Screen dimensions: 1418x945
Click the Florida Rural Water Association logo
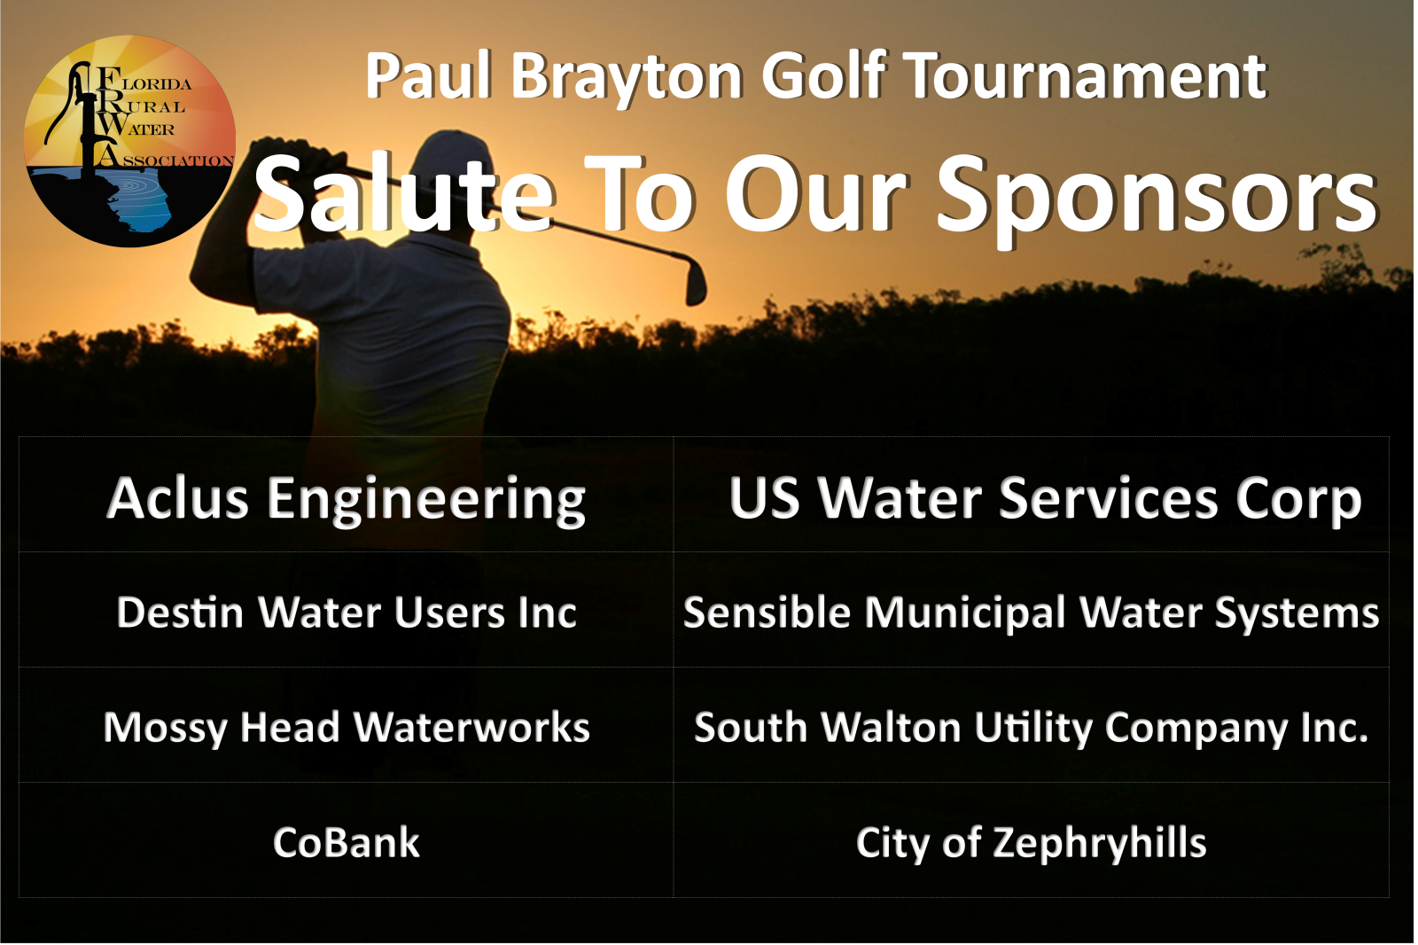click(129, 141)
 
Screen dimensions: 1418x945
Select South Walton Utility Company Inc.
click(1032, 728)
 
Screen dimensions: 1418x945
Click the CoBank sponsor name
click(347, 843)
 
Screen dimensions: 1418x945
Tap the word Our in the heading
click(816, 193)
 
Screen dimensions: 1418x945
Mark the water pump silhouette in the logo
click(79, 114)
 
